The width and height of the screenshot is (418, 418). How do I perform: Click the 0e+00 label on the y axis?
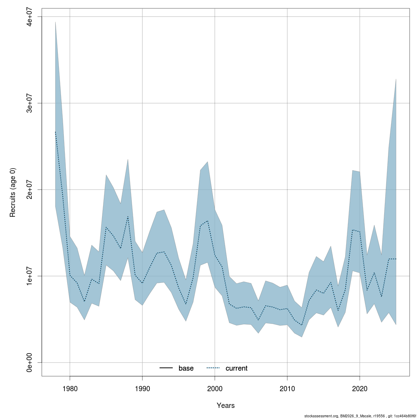coord(30,362)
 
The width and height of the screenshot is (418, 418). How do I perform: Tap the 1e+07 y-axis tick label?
coord(30,276)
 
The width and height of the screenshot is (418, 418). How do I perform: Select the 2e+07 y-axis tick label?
coord(30,189)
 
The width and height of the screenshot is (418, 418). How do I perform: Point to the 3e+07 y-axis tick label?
coord(30,103)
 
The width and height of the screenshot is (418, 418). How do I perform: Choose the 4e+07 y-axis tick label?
coord(30,17)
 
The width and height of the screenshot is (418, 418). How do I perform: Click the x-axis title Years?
coord(226,405)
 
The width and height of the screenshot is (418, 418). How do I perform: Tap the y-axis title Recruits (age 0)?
coord(13,192)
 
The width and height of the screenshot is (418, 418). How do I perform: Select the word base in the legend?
coord(186,368)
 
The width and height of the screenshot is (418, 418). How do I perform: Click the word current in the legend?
coord(237,368)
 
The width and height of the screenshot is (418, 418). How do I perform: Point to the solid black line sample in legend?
coord(166,368)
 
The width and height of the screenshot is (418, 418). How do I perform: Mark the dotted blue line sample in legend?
coord(213,368)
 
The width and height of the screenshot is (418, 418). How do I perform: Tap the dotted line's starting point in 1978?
coord(55,132)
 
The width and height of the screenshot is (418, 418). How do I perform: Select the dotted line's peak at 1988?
coord(128,217)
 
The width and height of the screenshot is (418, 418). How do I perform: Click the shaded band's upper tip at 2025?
coord(396,79)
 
